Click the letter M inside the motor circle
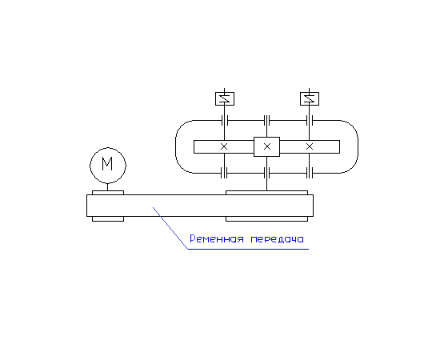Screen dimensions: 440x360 point(107,164)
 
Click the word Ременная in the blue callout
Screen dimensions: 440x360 point(217,239)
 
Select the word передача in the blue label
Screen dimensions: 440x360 point(278,239)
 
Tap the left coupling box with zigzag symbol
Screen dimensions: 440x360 point(225,98)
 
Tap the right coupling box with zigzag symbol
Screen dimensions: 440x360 point(310,98)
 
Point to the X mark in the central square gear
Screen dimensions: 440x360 point(267,146)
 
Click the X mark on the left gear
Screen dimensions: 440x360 point(224,146)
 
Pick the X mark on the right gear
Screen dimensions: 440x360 point(310,146)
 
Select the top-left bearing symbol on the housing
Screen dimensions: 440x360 point(225,120)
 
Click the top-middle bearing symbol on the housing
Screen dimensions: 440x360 point(267,120)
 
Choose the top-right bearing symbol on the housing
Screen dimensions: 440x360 point(310,120)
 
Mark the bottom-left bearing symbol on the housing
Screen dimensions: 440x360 point(224,173)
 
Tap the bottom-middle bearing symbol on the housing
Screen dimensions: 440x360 point(267,173)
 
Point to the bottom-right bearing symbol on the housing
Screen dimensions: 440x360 point(310,173)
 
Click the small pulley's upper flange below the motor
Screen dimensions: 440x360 point(108,193)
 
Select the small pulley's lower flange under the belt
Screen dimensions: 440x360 point(108,219)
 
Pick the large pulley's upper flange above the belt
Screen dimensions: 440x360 point(267,193)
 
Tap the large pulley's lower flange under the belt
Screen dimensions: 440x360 point(267,219)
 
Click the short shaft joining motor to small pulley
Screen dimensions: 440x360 point(107,187)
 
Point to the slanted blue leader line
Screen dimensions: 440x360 point(170,228)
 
